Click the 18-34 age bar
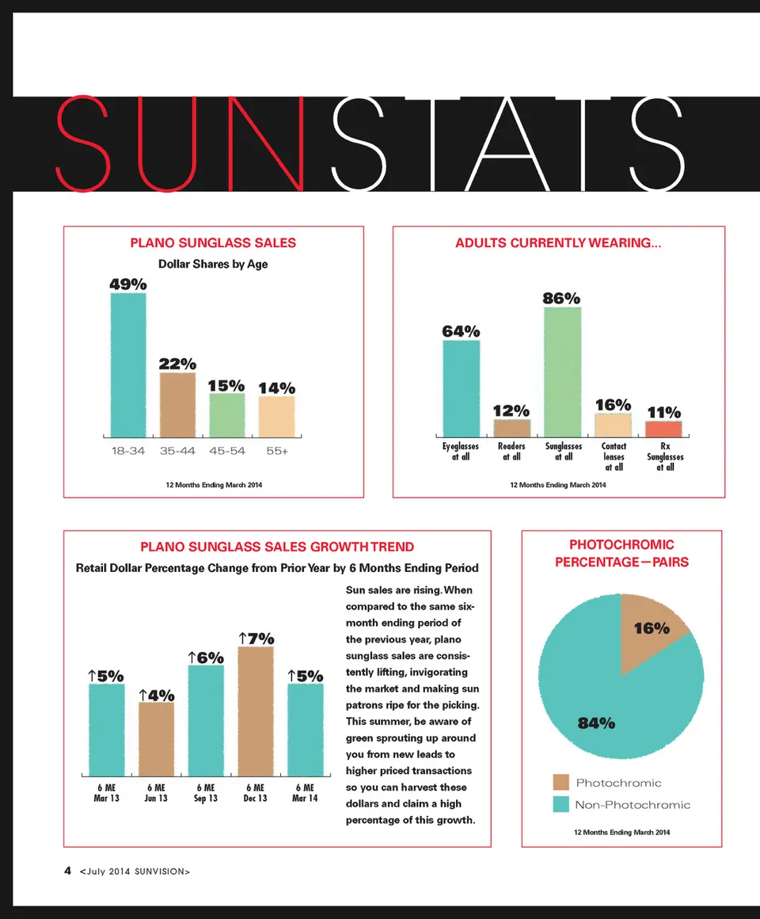(128, 364)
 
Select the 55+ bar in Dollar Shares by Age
(276, 417)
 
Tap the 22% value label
(177, 364)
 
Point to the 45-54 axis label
(227, 451)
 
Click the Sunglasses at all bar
(563, 372)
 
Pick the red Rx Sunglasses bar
(663, 429)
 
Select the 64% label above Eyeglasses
(461, 330)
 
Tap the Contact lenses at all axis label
(614, 456)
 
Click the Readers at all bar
(511, 428)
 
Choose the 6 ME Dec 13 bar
(255, 711)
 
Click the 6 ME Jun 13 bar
(156, 738)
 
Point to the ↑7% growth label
(256, 639)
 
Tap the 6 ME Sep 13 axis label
(205, 793)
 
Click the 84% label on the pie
(596, 723)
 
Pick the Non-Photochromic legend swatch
(561, 805)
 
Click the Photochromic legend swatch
(561, 783)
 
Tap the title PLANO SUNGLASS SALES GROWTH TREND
(277, 547)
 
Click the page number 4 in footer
(68, 871)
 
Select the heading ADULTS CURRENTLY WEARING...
(557, 243)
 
